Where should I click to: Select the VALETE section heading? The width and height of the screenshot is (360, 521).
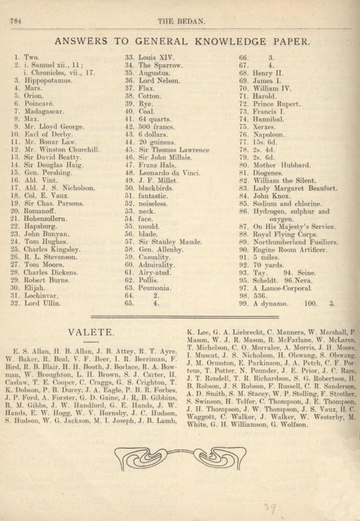91,332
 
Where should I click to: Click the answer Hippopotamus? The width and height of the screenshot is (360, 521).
48,81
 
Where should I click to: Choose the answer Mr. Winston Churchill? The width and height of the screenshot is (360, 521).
62,149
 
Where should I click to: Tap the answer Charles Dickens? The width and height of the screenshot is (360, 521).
51,272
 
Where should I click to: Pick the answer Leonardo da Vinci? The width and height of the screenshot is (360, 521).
169,173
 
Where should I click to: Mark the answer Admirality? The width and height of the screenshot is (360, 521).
156,265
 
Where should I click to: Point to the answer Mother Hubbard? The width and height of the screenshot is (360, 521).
276,165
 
